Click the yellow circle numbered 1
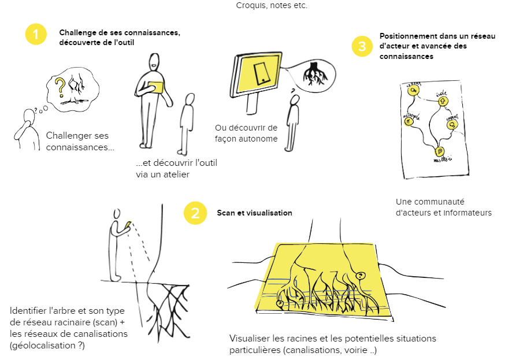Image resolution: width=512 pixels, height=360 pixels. (x=36, y=34)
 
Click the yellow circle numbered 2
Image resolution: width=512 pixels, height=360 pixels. (x=195, y=213)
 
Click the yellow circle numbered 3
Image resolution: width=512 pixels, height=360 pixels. (x=362, y=47)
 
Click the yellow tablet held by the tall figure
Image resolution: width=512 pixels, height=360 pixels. (x=155, y=87)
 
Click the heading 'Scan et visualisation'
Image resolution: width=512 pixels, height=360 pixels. (x=254, y=213)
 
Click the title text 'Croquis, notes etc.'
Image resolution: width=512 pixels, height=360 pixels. (x=272, y=6)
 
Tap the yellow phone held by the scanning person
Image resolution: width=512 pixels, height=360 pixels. (x=128, y=224)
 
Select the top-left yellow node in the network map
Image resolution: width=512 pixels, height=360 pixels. (x=413, y=91)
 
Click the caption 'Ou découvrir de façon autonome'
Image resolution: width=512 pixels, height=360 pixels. (x=246, y=133)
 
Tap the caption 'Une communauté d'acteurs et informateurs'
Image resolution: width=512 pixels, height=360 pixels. (x=443, y=207)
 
